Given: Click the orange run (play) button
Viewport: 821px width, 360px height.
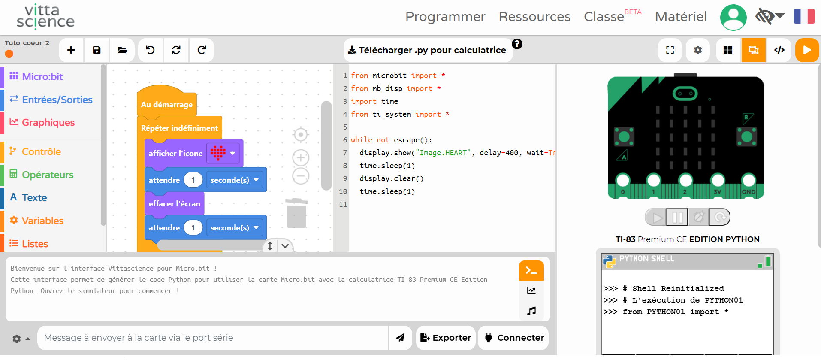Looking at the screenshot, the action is click(807, 50).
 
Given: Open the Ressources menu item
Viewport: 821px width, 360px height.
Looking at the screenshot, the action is click(534, 17).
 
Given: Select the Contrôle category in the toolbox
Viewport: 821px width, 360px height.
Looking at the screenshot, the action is click(41, 151).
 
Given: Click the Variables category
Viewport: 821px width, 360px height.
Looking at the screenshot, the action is click(42, 221).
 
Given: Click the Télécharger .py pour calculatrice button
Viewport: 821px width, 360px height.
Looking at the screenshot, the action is click(428, 50).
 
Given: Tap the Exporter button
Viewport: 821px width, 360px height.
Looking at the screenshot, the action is click(446, 338).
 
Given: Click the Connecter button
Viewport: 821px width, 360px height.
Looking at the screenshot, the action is click(513, 338).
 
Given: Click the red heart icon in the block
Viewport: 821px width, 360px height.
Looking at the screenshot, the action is click(218, 153).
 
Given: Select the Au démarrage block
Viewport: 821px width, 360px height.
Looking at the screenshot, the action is click(167, 104).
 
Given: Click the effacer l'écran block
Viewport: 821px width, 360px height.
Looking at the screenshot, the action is click(174, 203).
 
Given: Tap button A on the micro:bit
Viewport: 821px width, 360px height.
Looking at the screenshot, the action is click(624, 137).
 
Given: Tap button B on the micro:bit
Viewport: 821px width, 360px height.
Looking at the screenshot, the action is click(747, 137).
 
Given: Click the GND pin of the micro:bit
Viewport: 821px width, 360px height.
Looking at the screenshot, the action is click(749, 181).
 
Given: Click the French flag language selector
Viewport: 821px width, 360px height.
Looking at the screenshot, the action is click(804, 17).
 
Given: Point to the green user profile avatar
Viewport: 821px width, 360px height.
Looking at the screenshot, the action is click(733, 17).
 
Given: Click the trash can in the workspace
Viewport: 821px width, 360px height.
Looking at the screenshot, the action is click(296, 213).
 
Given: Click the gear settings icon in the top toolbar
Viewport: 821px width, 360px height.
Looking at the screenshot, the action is click(698, 50).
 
